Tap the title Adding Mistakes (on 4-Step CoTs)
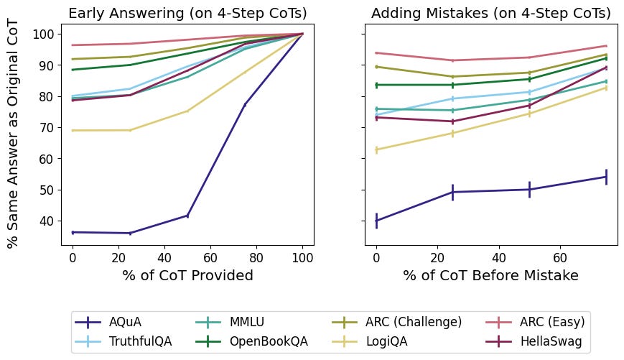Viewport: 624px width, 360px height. coord(491,14)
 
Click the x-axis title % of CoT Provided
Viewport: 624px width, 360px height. coord(187,275)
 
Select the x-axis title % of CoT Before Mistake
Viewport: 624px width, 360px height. coord(491,275)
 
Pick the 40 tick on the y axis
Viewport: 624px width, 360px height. coord(48,221)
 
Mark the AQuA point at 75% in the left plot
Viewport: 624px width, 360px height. coord(245,105)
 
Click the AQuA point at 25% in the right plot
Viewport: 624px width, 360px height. coord(452,192)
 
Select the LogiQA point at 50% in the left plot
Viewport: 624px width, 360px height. coord(187,111)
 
